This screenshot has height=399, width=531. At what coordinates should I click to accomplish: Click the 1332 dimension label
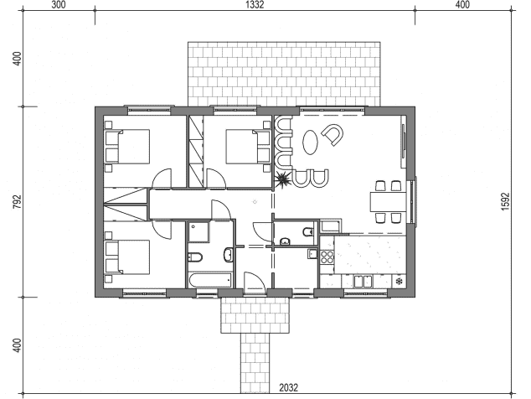click(255, 5)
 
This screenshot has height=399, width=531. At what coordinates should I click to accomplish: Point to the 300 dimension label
click(59, 5)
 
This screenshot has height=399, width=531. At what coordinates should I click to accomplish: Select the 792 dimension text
click(18, 202)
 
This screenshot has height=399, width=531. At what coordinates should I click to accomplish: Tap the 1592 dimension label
click(505, 202)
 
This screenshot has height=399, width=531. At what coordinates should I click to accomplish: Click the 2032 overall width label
click(288, 387)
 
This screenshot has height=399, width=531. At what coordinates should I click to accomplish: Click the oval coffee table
click(310, 142)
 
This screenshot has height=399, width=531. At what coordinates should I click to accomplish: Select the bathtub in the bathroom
click(210, 280)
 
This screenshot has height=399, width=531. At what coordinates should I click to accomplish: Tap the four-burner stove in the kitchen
click(327, 256)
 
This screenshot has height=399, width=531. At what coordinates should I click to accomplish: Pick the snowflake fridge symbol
click(400, 281)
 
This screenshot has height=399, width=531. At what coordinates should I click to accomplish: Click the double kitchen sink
click(363, 282)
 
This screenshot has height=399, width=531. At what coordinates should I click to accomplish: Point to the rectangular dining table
click(388, 202)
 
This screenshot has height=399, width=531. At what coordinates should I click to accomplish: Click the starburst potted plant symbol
click(283, 179)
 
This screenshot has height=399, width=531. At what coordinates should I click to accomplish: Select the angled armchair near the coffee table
click(333, 134)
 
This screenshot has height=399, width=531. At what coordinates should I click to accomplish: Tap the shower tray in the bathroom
click(198, 232)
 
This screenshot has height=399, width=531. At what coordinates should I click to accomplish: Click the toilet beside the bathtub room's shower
click(194, 257)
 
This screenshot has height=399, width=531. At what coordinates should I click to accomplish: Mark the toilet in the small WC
click(308, 231)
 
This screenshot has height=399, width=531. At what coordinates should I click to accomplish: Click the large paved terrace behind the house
click(284, 74)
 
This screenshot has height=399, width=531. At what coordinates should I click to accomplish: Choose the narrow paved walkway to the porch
click(255, 363)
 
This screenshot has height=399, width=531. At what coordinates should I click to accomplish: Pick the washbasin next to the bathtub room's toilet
click(228, 255)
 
